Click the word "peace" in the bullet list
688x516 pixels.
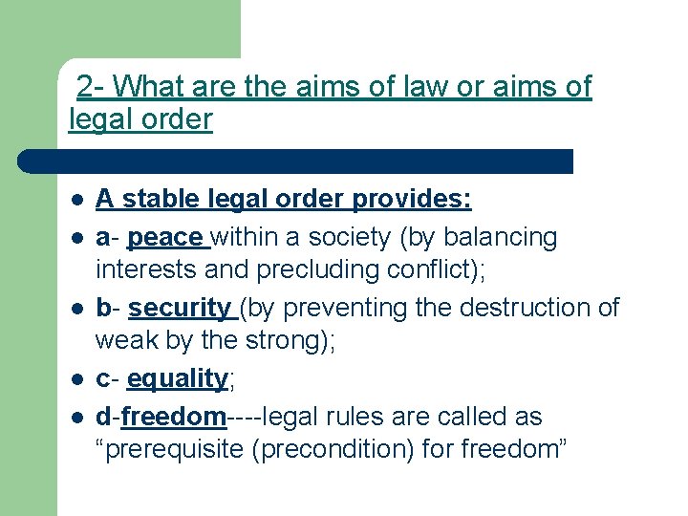click(x=164, y=237)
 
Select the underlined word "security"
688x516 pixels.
click(x=180, y=309)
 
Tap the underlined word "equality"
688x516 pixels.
click(x=177, y=379)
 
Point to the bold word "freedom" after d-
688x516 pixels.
click(x=173, y=418)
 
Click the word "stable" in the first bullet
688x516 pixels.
click(x=153, y=200)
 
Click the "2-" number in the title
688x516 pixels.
click(x=91, y=88)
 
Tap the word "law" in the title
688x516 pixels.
click(x=394, y=88)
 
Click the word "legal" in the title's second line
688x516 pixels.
click(x=99, y=120)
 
